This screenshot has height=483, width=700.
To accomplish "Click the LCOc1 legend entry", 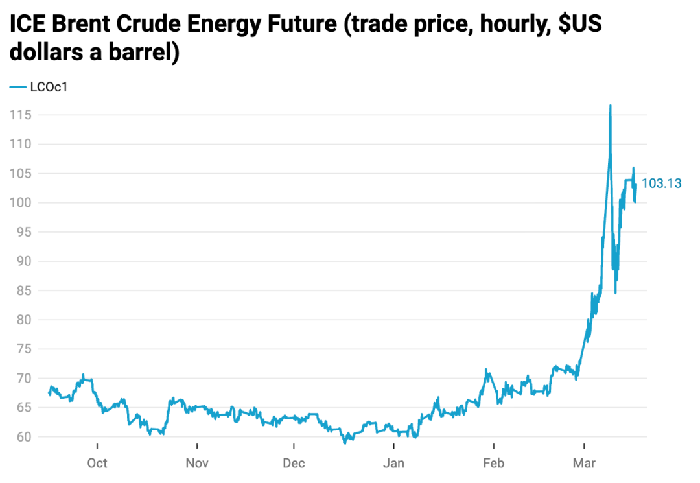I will click(x=49, y=88).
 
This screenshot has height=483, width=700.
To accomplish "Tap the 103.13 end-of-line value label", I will click(x=661, y=183).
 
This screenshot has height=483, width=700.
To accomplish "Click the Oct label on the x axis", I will click(x=97, y=464).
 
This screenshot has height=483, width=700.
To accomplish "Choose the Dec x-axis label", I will click(x=294, y=464).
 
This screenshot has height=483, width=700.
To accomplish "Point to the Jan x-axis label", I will click(x=393, y=464).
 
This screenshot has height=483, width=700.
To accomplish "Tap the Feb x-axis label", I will click(x=493, y=464).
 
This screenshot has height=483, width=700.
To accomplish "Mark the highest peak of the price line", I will click(x=610, y=106).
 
